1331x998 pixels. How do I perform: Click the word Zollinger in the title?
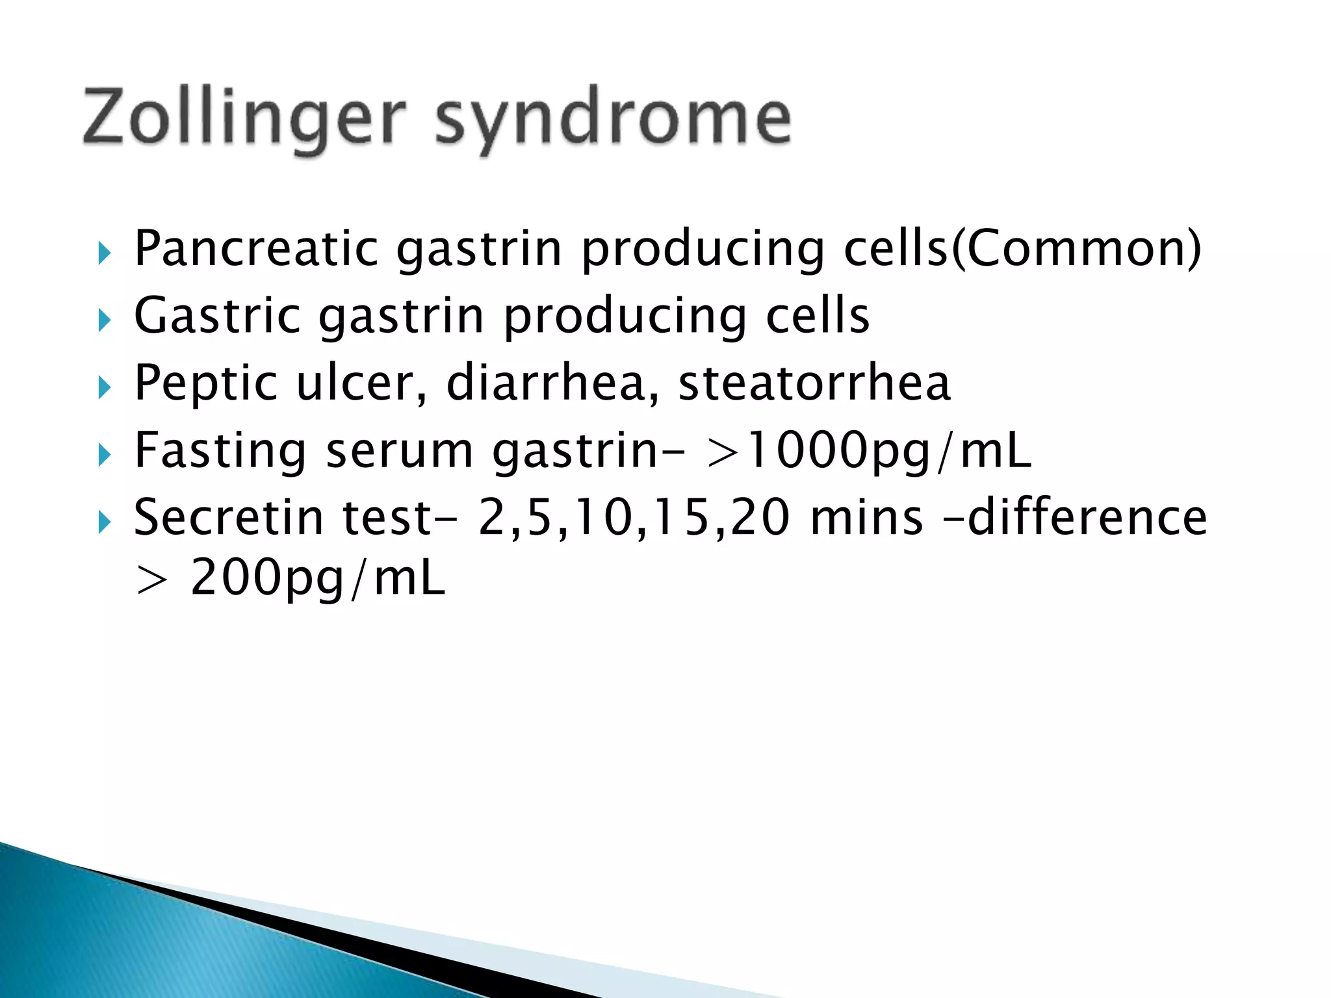244,117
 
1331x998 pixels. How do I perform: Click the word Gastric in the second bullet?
217,316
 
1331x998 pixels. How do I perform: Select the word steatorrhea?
814,383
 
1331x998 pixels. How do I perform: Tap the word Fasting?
220,451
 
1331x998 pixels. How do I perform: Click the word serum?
399,451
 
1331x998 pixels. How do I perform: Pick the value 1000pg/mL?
887,451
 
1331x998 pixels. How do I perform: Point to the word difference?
1087,518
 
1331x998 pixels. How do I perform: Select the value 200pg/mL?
318,578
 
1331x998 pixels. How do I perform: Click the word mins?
866,518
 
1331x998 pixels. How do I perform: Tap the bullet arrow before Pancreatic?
104,253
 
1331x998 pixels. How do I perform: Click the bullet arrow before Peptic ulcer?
104,388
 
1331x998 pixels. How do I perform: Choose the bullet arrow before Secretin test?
104,522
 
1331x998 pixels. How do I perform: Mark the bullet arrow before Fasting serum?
104,455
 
